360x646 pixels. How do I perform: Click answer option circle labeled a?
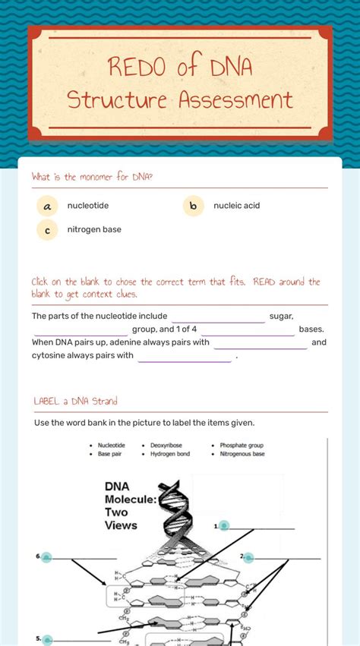[x=47, y=206]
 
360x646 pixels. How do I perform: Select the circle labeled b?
[x=193, y=206]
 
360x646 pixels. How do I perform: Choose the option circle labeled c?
[x=47, y=229]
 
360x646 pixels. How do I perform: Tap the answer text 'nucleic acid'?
[x=236, y=206]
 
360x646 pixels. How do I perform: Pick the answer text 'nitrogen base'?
[x=93, y=229]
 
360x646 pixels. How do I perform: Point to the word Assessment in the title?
[x=235, y=99]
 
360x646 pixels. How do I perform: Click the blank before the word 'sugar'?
[x=218, y=317]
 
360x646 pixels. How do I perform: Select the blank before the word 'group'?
[x=81, y=329]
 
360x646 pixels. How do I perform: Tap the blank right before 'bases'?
[x=248, y=329]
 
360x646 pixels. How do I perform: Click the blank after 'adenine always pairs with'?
[x=261, y=342]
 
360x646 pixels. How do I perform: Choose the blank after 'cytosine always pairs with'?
[x=185, y=355]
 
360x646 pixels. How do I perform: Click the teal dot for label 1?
[x=224, y=525]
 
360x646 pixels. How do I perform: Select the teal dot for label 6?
[x=46, y=557]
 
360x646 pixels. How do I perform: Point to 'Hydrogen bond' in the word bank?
[x=170, y=454]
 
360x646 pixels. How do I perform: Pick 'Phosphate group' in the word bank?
[x=242, y=446]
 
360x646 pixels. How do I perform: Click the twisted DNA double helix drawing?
[x=177, y=507]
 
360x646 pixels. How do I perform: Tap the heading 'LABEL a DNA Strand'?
[x=75, y=401]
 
